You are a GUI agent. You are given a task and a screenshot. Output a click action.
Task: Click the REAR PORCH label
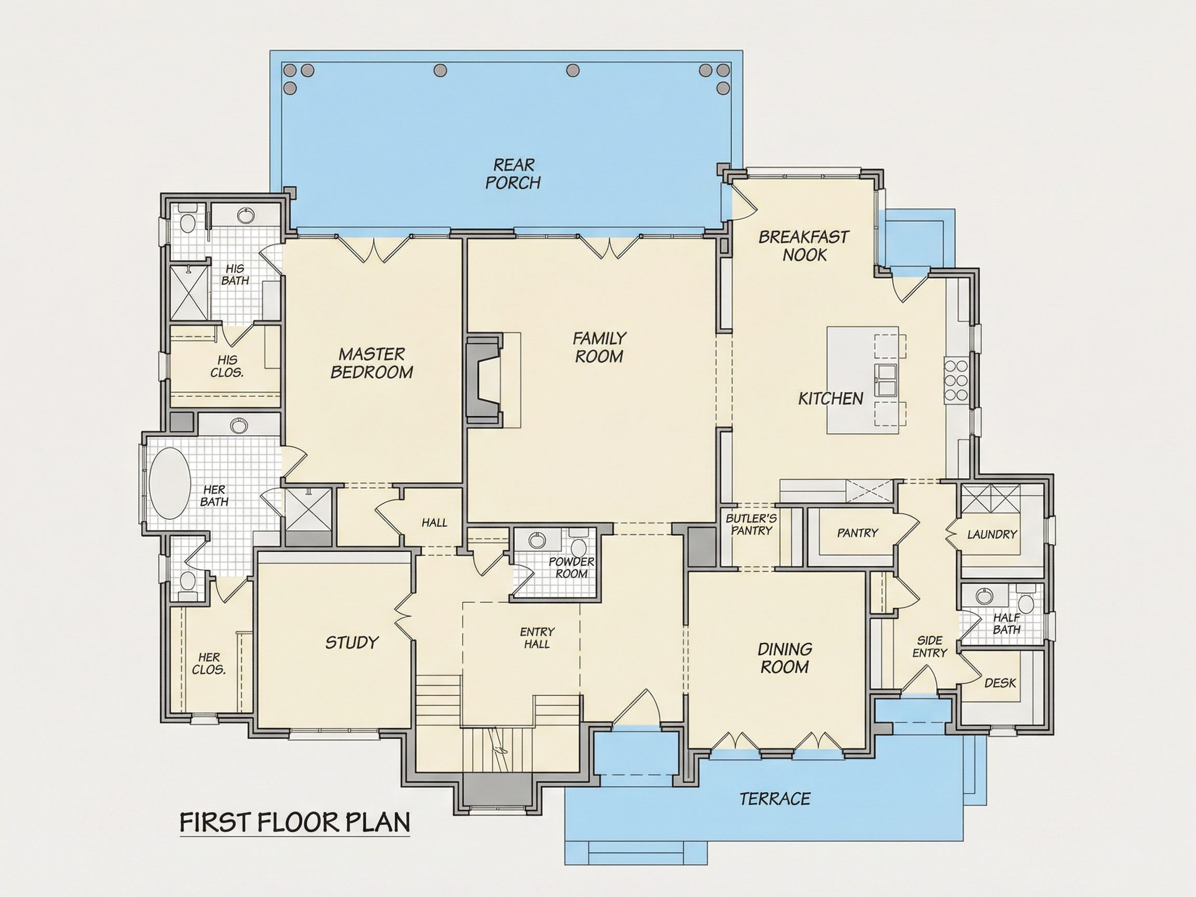tap(513, 174)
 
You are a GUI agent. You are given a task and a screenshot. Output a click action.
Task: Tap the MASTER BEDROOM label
tap(372, 363)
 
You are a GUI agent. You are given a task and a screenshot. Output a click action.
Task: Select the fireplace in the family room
tap(485, 380)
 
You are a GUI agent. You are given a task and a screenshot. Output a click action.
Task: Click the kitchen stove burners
tap(955, 381)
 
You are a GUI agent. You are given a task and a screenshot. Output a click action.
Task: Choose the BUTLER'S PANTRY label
tap(750, 524)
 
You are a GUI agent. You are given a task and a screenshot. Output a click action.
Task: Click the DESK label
tap(1000, 683)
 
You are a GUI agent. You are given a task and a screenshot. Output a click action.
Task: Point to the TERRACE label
tap(775, 798)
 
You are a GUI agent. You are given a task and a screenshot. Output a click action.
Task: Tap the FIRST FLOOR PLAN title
tap(295, 823)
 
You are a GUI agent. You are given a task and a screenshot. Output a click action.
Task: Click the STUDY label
tap(352, 642)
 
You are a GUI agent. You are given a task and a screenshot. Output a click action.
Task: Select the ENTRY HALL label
tap(537, 638)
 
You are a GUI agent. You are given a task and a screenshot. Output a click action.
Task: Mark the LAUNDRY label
tap(992, 534)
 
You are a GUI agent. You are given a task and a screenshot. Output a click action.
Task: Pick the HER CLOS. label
tap(209, 664)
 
